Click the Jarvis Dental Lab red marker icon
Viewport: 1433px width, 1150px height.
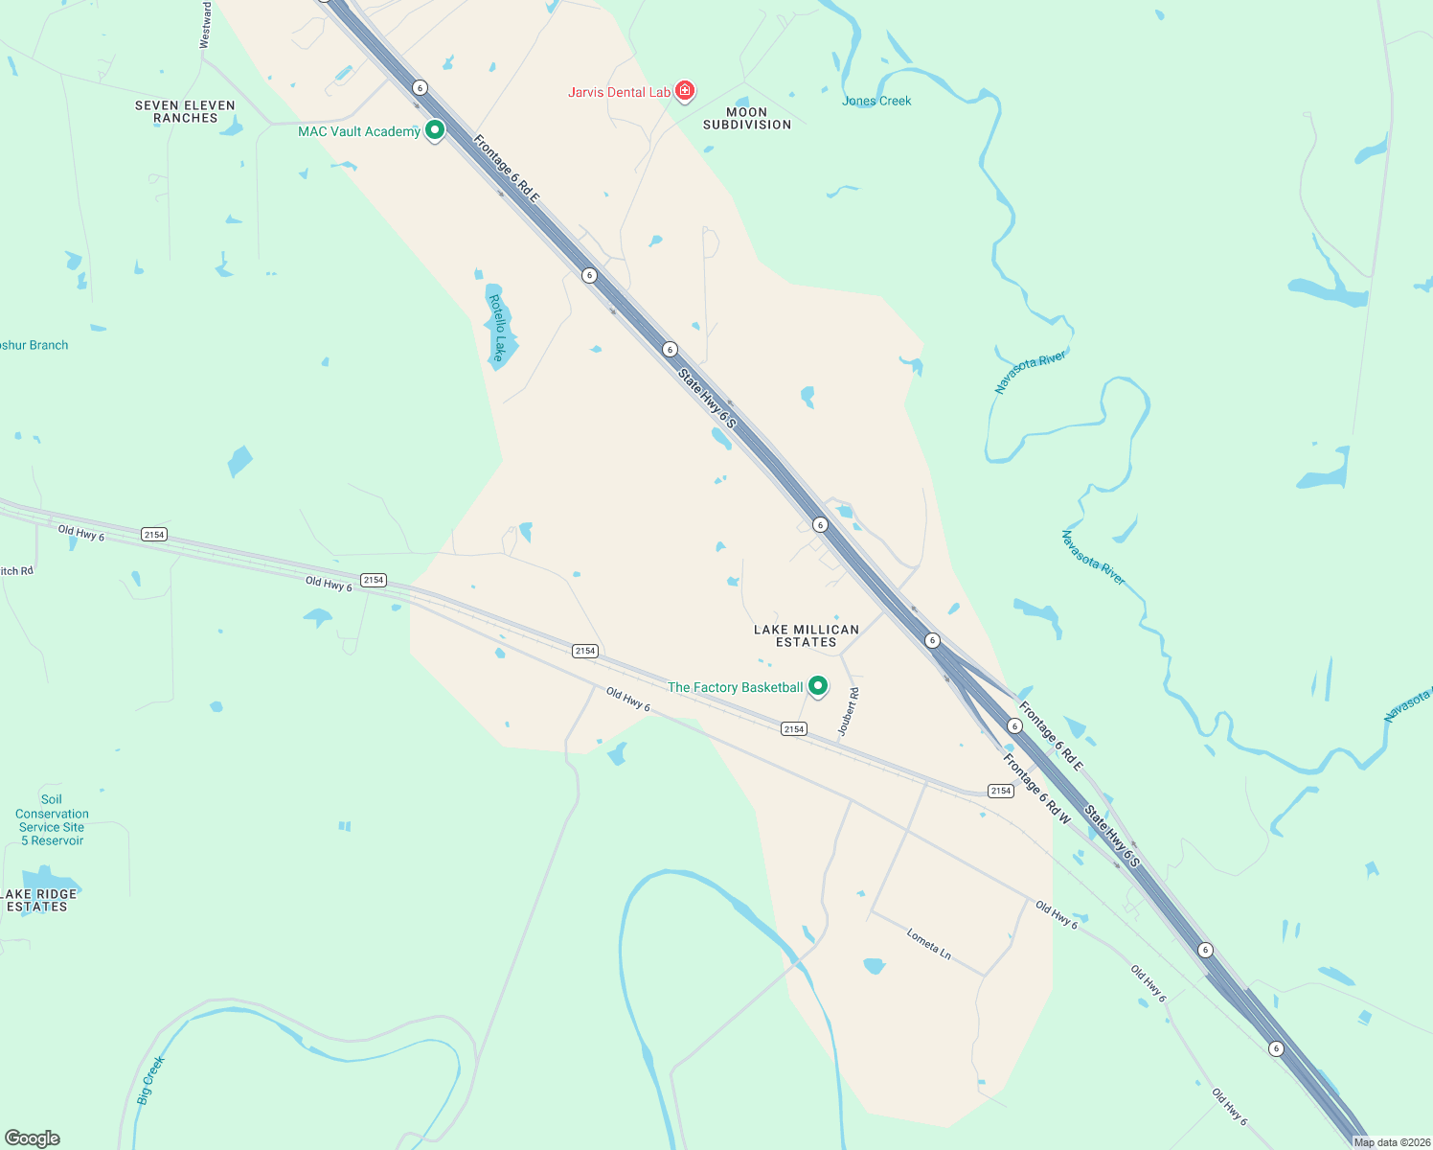tap(684, 91)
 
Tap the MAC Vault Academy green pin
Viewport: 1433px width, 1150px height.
tap(434, 129)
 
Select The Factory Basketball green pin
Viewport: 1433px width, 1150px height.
tap(817, 686)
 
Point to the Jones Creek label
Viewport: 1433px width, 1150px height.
tap(876, 101)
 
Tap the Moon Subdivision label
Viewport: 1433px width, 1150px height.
tap(747, 118)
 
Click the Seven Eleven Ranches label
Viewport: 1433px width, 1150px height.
tap(185, 111)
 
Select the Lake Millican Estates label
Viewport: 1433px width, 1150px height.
tap(806, 635)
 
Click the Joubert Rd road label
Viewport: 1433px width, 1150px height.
tap(848, 711)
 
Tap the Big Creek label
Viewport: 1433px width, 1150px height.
tap(150, 1080)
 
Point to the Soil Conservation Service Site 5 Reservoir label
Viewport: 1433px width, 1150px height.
tap(52, 819)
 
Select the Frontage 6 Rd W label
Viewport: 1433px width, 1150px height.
tap(1036, 789)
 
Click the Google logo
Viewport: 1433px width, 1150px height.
tap(33, 1138)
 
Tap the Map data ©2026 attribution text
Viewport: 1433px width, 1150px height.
tap(1391, 1142)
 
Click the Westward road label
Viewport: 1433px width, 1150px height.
tap(205, 25)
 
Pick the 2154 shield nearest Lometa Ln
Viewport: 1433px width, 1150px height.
tap(1000, 791)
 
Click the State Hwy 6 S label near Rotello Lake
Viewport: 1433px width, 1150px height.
tap(707, 397)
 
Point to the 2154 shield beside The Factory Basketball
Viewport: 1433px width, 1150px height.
tap(793, 729)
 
